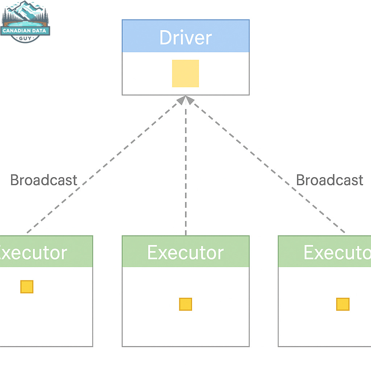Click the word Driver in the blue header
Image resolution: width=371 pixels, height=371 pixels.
pos(185,37)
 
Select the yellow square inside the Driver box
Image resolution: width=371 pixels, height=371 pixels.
pos(185,74)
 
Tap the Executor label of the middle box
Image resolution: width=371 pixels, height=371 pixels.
pos(185,253)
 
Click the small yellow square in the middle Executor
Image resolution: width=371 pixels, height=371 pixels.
pos(185,304)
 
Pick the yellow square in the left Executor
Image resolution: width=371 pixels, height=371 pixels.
pos(27,287)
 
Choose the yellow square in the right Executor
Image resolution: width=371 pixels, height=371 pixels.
pos(343,304)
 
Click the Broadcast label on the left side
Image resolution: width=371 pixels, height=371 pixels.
pos(44,180)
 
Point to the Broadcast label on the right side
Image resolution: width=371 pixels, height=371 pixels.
pos(330,180)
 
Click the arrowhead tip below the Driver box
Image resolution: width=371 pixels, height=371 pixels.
pos(185,99)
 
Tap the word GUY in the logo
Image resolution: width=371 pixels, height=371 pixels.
pos(25,38)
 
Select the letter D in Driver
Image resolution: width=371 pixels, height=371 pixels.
pos(166,37)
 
